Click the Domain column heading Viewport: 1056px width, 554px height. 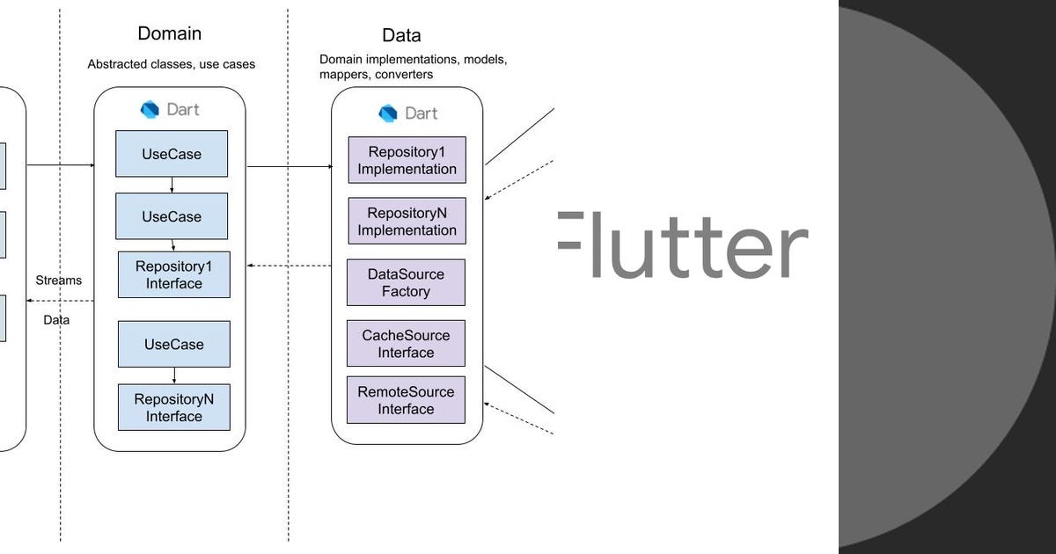coord(170,33)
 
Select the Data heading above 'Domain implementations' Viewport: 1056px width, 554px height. coord(401,35)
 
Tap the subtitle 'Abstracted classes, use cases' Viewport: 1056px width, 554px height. coord(172,64)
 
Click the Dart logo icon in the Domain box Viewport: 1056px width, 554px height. coord(150,110)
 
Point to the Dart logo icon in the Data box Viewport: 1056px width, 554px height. coord(388,113)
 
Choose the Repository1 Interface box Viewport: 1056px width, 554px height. coord(174,274)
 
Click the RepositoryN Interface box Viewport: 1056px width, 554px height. coord(174,407)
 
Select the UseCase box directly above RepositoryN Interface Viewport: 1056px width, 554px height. coord(174,344)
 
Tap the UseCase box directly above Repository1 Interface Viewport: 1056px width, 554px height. coord(172,216)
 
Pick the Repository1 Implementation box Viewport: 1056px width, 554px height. coord(407,160)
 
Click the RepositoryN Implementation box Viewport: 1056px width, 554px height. coord(407,221)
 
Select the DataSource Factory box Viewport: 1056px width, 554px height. coord(406,282)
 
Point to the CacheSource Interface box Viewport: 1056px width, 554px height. coord(406,344)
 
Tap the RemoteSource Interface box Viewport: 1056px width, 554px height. coord(406,400)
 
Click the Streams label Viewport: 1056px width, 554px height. coord(58,281)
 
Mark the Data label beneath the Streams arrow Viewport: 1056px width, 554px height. coord(56,320)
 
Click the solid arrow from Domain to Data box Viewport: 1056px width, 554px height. coord(289,165)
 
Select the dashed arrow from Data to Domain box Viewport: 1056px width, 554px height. coord(289,266)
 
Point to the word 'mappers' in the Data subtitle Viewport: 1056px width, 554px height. coord(342,75)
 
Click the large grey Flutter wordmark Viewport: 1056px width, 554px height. coord(683,244)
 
